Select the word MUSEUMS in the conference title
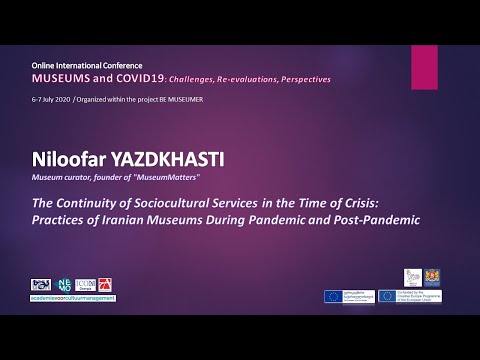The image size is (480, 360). pyautogui.click(x=59, y=78)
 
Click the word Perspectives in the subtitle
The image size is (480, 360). pyautogui.click(x=301, y=79)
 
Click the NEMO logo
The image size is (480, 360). pyautogui.click(x=66, y=284)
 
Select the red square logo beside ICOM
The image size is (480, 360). pyautogui.click(x=109, y=284)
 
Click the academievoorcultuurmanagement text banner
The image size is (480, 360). pyautogui.click(x=74, y=298)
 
